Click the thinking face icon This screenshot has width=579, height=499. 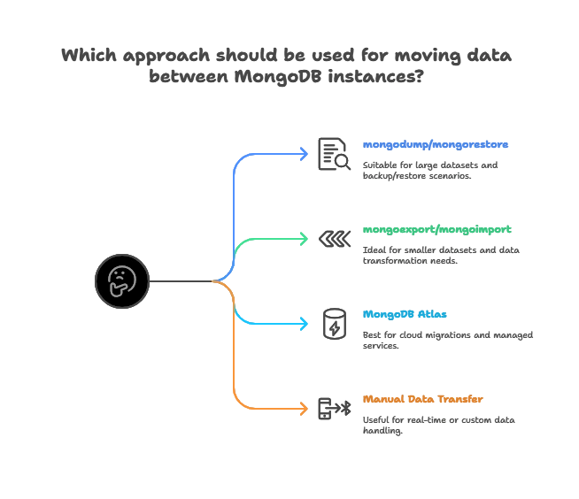click(121, 281)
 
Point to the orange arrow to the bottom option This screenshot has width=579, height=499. click(235, 372)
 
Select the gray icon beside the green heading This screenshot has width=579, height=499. click(336, 237)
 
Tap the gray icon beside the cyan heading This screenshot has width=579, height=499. click(333, 322)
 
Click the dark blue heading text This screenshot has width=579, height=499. click(435, 144)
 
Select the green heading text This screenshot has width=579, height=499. click(437, 230)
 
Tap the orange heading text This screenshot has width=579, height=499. click(423, 400)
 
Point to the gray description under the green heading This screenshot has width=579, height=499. click(440, 256)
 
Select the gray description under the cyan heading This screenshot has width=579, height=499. click(450, 340)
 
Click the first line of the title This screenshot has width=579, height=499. click(289, 55)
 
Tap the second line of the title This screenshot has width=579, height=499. click(289, 78)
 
